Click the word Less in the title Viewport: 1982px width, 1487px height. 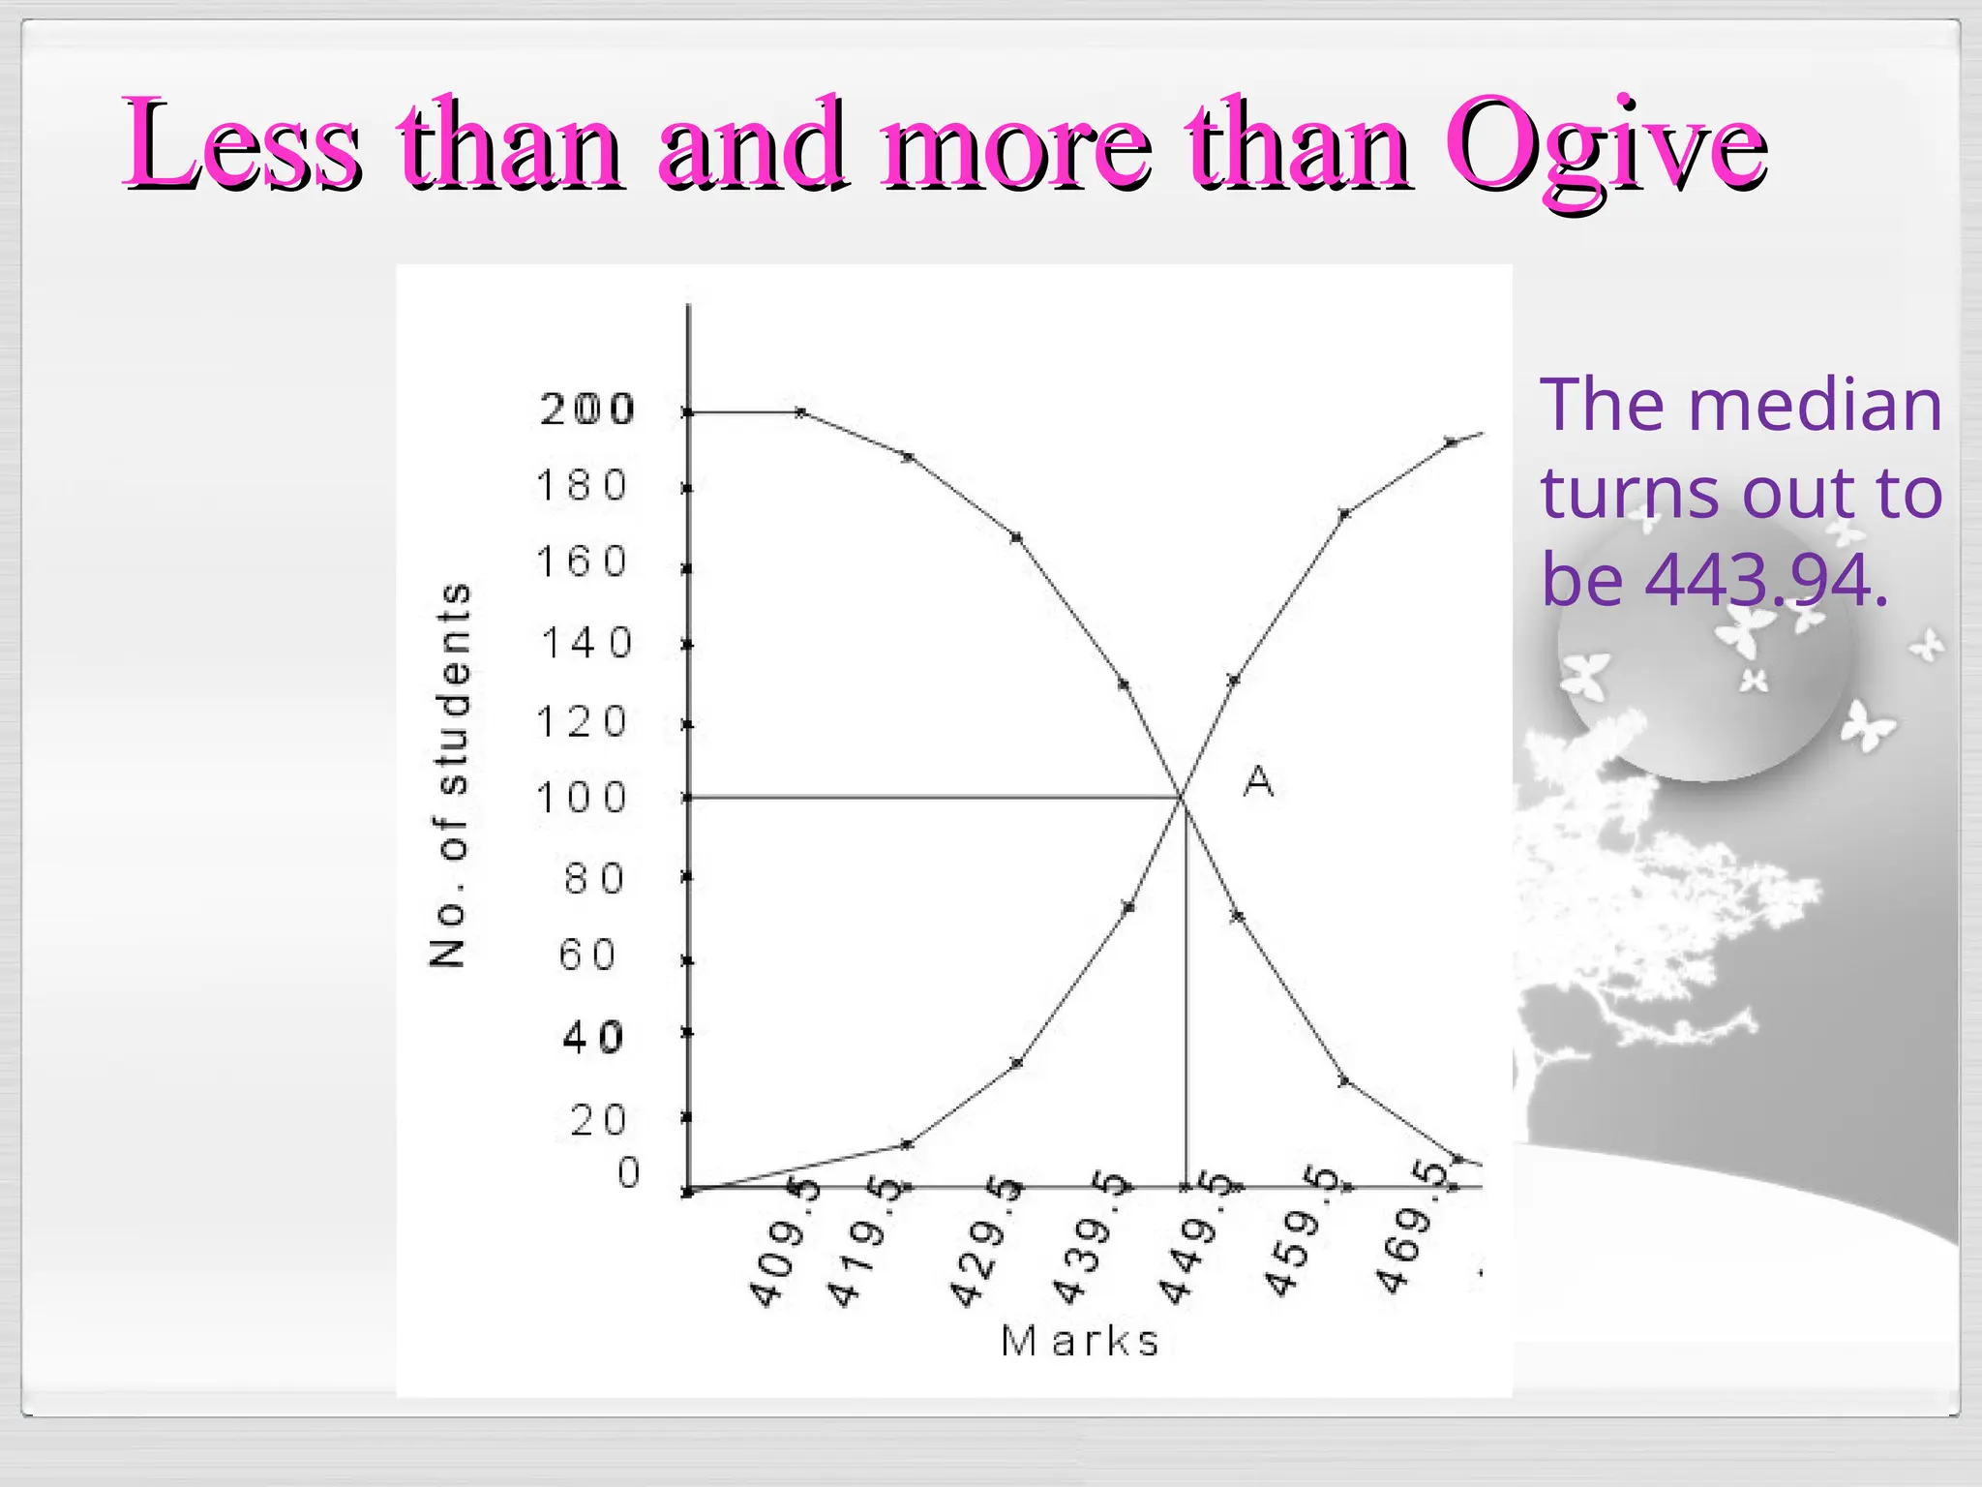[x=242, y=145]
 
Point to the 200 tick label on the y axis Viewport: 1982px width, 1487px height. [x=586, y=410]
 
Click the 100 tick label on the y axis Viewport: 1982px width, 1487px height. [x=582, y=798]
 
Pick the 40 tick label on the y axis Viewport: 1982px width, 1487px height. [x=592, y=1038]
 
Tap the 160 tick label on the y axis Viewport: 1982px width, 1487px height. [x=582, y=561]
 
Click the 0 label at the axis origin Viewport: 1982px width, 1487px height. [x=628, y=1172]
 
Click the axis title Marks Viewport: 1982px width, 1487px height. [x=1079, y=1342]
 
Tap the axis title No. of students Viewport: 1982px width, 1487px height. [x=450, y=774]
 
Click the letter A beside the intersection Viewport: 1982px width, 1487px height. [x=1258, y=780]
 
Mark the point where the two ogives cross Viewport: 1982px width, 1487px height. [x=1182, y=797]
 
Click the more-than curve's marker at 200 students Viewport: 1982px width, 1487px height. [x=800, y=411]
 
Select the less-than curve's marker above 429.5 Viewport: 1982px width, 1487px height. [x=1016, y=1063]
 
